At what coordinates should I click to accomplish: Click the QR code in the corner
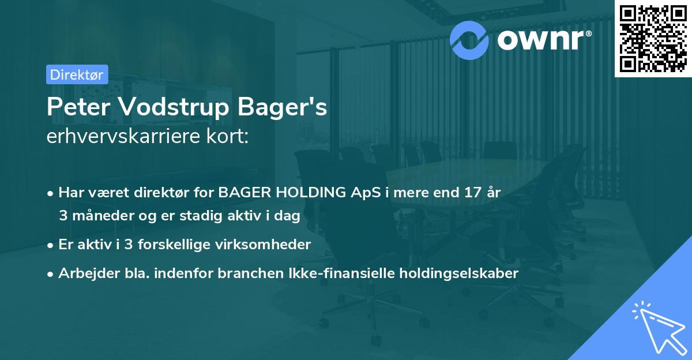click(x=653, y=38)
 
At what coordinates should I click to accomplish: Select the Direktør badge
click(x=77, y=74)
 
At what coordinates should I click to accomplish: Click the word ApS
click(x=373, y=192)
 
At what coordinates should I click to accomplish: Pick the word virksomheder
click(x=271, y=244)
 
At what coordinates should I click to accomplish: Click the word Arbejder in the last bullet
click(x=84, y=273)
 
